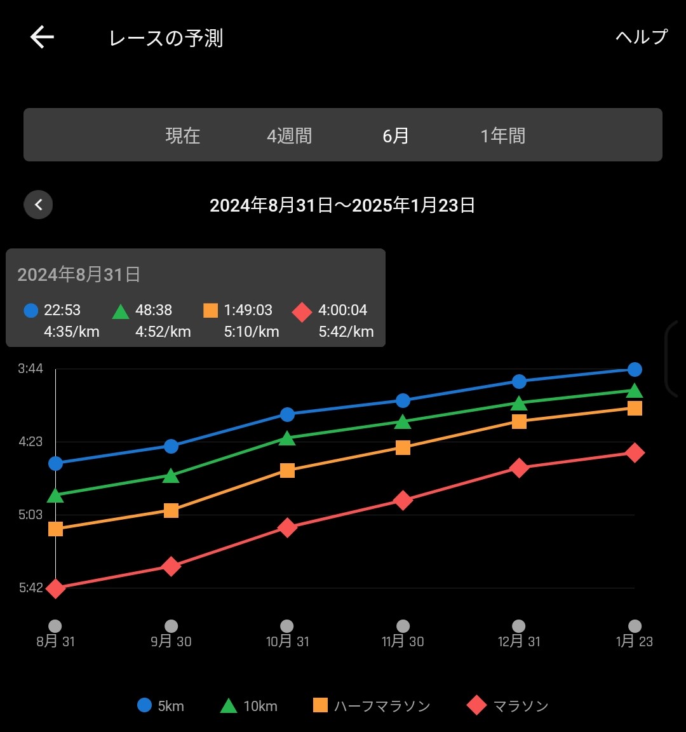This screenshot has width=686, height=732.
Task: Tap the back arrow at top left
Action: pyautogui.click(x=42, y=37)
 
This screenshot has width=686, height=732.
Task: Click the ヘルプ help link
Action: pyautogui.click(x=641, y=37)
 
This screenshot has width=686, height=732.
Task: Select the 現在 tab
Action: pyautogui.click(x=183, y=135)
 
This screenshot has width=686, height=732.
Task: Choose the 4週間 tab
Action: pyautogui.click(x=289, y=135)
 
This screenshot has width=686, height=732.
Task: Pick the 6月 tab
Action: pyautogui.click(x=396, y=135)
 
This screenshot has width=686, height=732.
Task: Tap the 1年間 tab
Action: pyautogui.click(x=502, y=135)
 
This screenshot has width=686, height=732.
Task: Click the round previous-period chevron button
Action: pyautogui.click(x=38, y=205)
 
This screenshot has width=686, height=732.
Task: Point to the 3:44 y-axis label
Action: pyautogui.click(x=30, y=369)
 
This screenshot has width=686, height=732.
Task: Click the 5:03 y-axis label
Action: pyautogui.click(x=30, y=514)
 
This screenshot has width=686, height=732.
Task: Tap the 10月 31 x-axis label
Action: pyautogui.click(x=287, y=641)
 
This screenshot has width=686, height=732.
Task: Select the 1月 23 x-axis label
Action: pyautogui.click(x=634, y=641)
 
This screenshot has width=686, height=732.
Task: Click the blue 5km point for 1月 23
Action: pyautogui.click(x=634, y=369)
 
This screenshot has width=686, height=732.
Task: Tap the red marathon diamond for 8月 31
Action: pyautogui.click(x=56, y=588)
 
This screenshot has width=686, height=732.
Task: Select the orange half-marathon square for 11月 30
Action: pyautogui.click(x=403, y=447)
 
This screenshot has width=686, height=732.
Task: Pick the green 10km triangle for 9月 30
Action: pyautogui.click(x=171, y=476)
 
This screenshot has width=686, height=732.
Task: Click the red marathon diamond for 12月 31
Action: pyautogui.click(x=519, y=468)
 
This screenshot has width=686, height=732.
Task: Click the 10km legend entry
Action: pyautogui.click(x=249, y=705)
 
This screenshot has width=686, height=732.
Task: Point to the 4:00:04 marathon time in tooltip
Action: pyautogui.click(x=342, y=310)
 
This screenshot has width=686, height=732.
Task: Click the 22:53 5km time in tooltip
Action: pyautogui.click(x=62, y=310)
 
